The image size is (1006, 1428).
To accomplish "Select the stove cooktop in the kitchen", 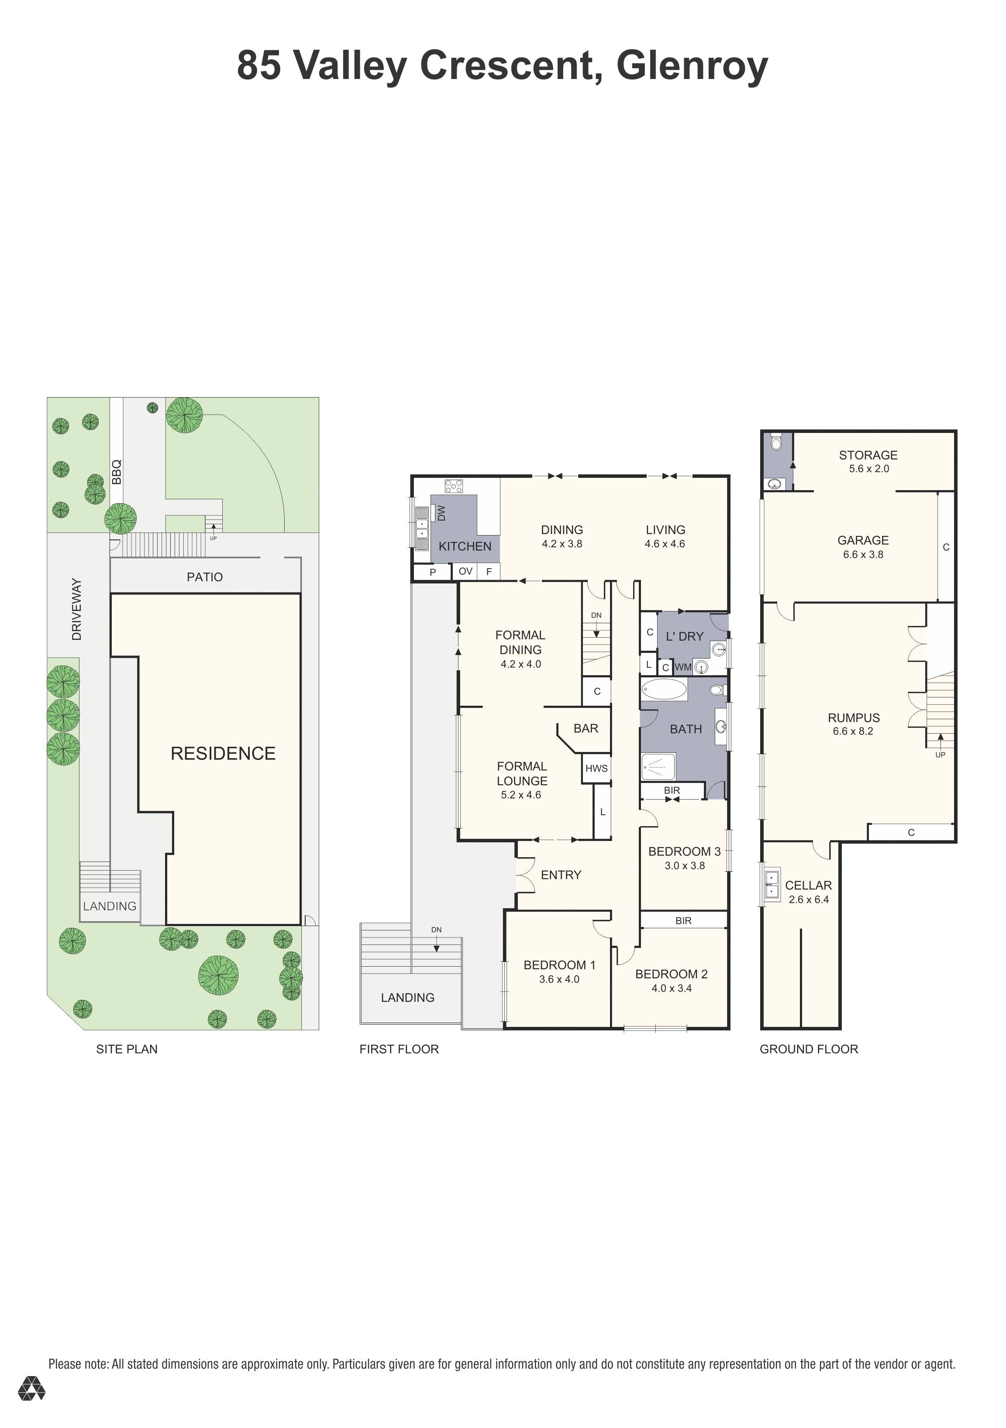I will click(454, 486).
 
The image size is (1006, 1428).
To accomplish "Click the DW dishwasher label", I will click(441, 513).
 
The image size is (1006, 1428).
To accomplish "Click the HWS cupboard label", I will click(596, 768).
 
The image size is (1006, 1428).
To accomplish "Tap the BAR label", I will click(586, 728).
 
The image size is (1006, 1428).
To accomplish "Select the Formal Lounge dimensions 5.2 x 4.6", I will click(521, 795).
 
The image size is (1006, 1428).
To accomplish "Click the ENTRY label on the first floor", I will click(561, 875).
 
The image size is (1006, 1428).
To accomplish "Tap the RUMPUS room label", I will click(854, 718).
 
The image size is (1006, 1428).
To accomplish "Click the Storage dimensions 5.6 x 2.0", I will click(868, 469).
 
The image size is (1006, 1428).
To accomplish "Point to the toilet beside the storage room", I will click(775, 443).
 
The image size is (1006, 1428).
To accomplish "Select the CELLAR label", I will click(808, 885).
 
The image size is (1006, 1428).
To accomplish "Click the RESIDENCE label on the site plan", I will click(223, 754).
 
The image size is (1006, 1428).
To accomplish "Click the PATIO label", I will click(205, 577).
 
